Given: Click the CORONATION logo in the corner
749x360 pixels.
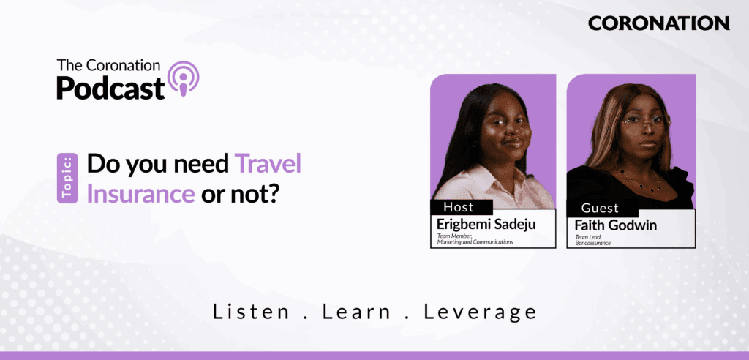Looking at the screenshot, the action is (659, 23).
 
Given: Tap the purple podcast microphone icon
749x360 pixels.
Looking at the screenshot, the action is (182, 78).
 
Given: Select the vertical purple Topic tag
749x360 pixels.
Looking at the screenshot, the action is (67, 178).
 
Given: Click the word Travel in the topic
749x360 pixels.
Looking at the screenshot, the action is (268, 165).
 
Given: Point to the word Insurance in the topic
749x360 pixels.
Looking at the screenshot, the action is (140, 194).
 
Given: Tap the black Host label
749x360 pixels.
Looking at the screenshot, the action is (462, 207).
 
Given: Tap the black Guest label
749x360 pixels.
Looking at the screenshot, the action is (603, 208).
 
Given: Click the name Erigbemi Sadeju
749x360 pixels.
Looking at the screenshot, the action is (486, 224).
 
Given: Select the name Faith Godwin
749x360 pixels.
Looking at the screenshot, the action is (615, 225).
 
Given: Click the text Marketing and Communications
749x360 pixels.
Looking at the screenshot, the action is (475, 242).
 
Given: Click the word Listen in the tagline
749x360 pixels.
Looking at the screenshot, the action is (252, 312).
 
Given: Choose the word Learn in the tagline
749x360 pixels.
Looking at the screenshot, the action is (356, 312).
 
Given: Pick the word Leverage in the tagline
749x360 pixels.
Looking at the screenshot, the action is (480, 312).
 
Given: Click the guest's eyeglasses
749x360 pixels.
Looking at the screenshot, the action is (645, 124).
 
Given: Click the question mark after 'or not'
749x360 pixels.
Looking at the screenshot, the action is (271, 194).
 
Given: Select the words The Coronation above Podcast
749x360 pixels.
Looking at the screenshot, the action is (108, 66).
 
